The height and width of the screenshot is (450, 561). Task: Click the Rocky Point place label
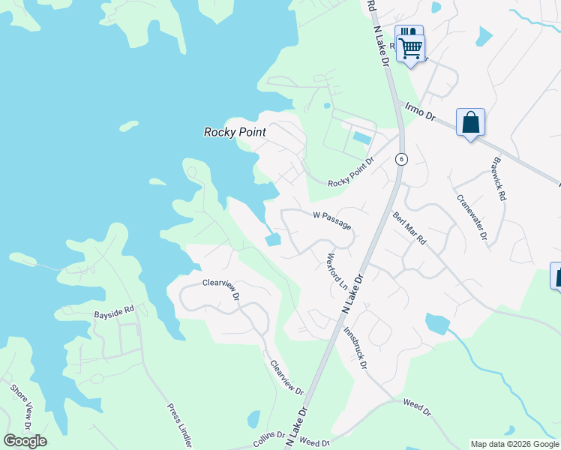235,132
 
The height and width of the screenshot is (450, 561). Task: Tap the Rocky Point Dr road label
350,173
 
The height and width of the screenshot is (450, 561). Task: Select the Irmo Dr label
419,112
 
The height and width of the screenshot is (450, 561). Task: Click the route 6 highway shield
402,159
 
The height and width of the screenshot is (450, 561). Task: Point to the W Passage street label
331,220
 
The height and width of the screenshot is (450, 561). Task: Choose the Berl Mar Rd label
409,229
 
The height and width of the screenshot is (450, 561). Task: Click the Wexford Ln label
338,271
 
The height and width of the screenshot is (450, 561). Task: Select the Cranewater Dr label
472,217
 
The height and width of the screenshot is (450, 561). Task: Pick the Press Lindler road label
180,425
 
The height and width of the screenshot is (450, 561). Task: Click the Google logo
25,441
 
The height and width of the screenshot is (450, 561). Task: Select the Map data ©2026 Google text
514,444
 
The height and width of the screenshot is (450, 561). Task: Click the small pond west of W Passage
272,240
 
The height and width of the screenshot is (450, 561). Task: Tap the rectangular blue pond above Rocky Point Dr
361,138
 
